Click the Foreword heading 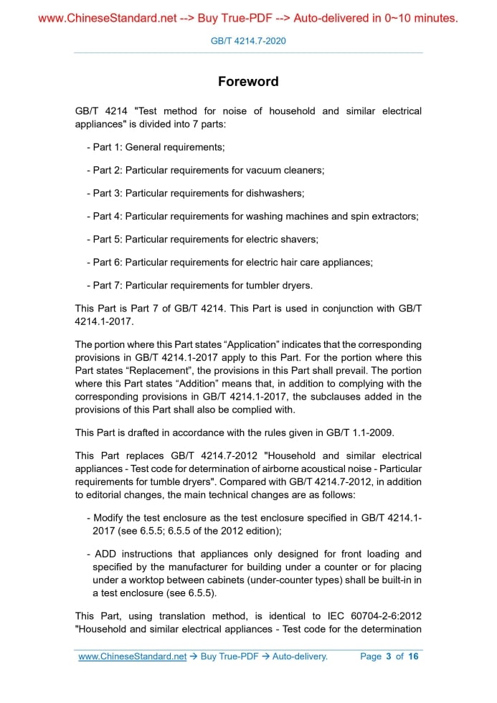(248, 82)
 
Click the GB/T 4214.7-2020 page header (248, 41)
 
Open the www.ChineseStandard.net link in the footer (133, 656)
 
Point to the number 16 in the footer (413, 656)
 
